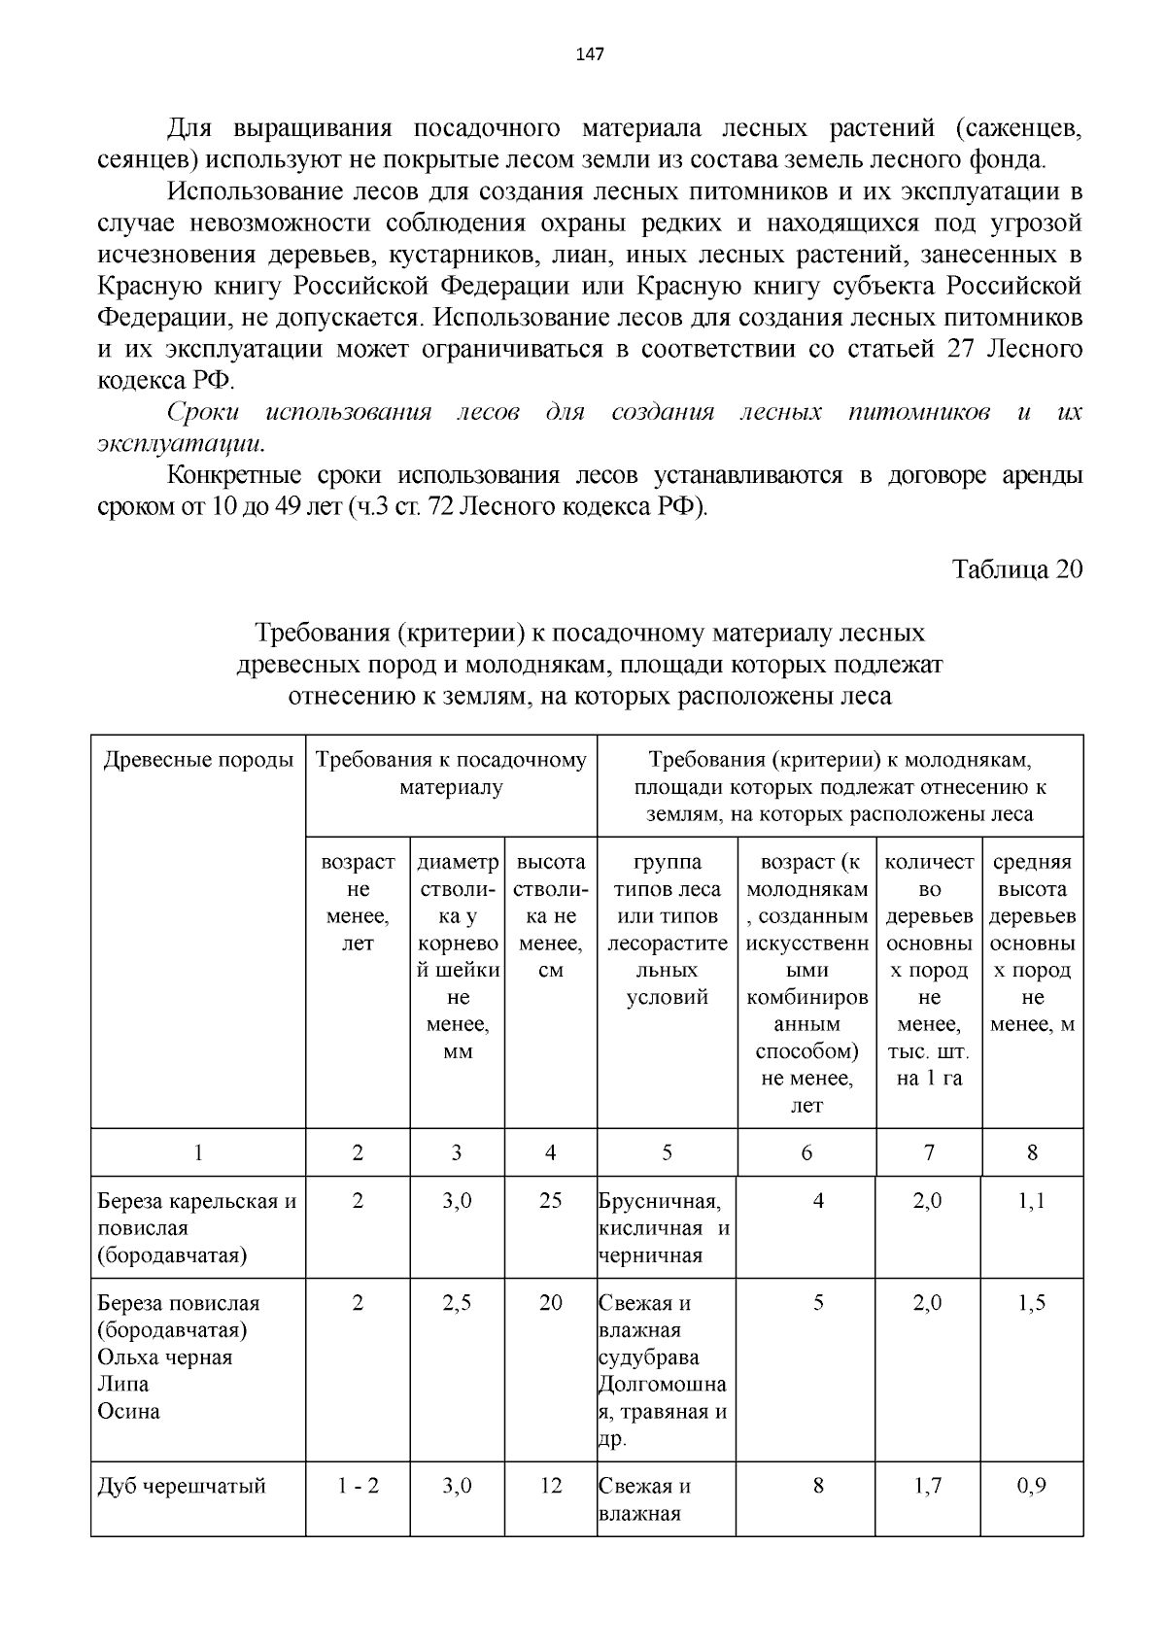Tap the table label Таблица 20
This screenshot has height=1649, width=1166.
click(1016, 569)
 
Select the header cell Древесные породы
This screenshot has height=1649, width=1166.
click(198, 760)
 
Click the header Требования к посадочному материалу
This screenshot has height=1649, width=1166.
click(451, 773)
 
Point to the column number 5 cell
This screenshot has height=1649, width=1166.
click(667, 1153)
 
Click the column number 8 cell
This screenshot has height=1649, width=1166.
click(1032, 1153)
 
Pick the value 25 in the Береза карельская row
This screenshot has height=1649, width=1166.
click(550, 1201)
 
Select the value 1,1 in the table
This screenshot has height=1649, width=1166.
click(1032, 1201)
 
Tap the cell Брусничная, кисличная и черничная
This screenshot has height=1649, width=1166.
click(665, 1228)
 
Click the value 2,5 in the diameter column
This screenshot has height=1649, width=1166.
click(457, 1304)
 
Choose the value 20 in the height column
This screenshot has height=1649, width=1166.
click(550, 1304)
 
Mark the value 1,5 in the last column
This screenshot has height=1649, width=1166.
click(1032, 1304)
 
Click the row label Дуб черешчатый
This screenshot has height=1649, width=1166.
click(182, 1487)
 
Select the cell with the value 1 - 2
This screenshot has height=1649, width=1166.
click(358, 1487)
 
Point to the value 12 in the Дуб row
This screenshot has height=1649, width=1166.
click(550, 1487)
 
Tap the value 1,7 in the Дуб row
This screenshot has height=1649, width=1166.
click(928, 1487)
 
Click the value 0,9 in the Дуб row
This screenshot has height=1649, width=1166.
click(1032, 1487)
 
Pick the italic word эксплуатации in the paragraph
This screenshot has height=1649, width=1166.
click(180, 444)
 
